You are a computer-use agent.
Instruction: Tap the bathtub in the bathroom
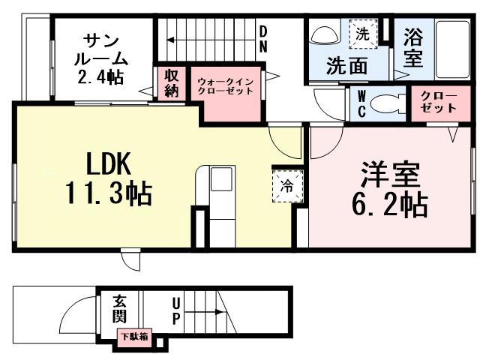pos(453,46)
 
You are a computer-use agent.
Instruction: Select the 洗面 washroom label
pos(346,66)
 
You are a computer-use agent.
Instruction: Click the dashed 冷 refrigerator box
pos(288,185)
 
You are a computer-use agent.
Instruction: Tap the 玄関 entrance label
pos(120,310)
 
